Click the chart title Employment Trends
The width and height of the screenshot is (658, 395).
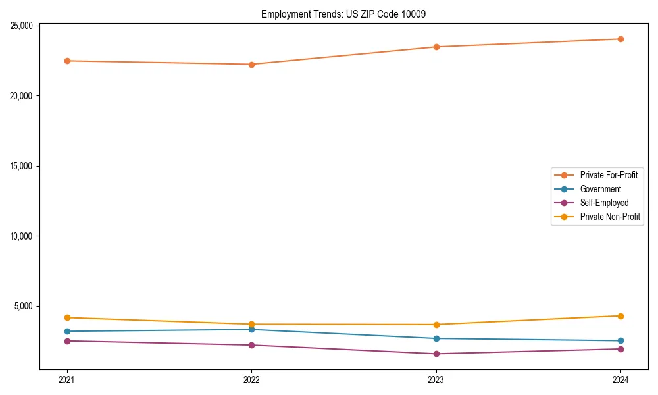tap(343, 14)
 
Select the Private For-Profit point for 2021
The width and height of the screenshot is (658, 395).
tap(67, 61)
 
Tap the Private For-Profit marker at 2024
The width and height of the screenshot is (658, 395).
tap(620, 39)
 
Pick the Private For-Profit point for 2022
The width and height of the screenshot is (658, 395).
tap(251, 64)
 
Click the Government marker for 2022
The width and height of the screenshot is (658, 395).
tap(251, 329)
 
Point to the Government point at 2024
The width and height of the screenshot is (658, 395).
tap(620, 340)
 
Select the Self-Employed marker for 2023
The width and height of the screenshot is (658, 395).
tap(436, 354)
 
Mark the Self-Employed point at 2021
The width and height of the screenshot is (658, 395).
tap(67, 340)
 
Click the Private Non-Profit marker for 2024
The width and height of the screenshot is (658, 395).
tap(620, 316)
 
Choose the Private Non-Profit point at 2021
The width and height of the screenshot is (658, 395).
tap(67, 317)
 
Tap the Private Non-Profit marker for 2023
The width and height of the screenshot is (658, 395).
tap(436, 325)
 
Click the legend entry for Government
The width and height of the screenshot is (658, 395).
tap(600, 189)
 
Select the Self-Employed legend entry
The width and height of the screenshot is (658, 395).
tap(604, 203)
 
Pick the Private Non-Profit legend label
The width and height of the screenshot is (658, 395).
tap(610, 217)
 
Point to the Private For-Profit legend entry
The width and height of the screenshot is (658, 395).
tap(608, 175)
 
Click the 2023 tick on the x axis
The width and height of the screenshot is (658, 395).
tap(436, 379)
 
